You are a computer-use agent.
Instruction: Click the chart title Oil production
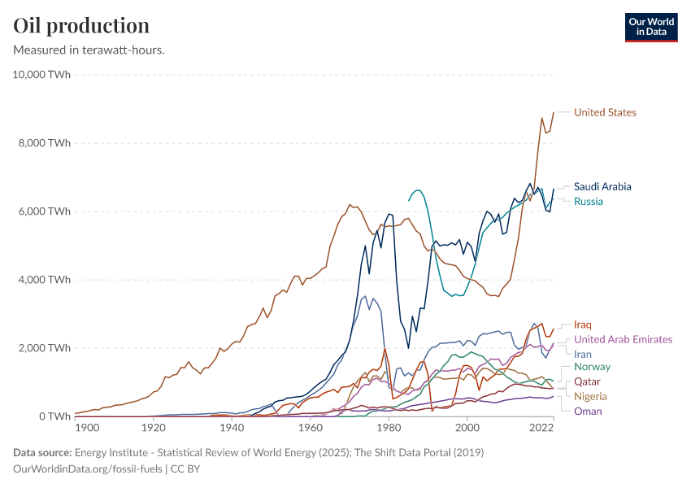(x=81, y=25)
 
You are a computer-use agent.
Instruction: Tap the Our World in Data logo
(x=650, y=26)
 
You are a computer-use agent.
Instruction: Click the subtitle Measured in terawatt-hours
(x=89, y=50)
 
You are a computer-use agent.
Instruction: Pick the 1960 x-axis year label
(x=310, y=428)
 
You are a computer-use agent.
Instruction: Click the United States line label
(x=605, y=112)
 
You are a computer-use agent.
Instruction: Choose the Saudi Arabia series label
(x=602, y=186)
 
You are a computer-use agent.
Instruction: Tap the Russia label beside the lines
(x=589, y=201)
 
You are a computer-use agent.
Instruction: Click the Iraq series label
(x=583, y=325)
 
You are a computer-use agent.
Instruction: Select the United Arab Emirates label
(x=623, y=339)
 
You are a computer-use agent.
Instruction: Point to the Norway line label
(x=592, y=367)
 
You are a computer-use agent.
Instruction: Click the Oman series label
(x=588, y=411)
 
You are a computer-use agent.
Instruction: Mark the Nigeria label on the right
(x=590, y=396)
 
